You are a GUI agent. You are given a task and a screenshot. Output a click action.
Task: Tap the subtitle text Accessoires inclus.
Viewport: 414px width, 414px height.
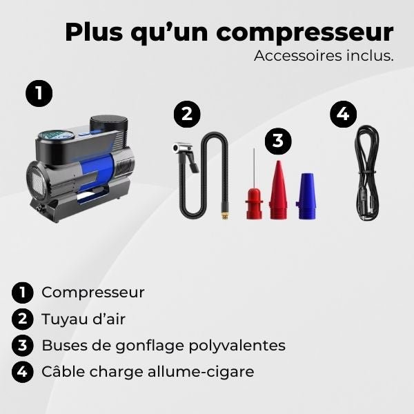[324, 56]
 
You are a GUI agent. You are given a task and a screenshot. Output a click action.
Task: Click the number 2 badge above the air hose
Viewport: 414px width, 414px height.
[186, 114]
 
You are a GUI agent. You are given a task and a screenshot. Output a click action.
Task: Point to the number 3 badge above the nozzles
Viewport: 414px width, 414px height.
[277, 141]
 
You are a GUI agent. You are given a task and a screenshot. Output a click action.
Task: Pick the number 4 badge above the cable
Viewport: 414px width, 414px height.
[344, 114]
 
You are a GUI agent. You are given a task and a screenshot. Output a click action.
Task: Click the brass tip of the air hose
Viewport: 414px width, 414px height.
[224, 215]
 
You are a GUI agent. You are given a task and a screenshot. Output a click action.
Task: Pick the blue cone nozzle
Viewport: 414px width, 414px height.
[305, 197]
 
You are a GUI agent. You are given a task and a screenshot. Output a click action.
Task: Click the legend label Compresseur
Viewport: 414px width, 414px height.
[93, 292]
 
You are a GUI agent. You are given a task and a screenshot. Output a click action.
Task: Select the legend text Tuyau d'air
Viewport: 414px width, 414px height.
[83, 319]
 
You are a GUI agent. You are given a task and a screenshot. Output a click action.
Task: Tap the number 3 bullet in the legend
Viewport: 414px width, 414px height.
[23, 346]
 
